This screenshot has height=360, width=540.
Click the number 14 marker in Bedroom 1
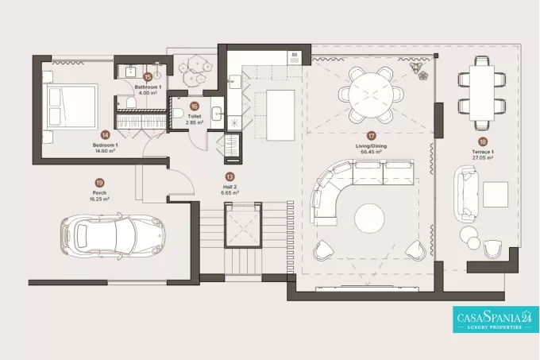105,135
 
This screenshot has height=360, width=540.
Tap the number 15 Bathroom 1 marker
148,77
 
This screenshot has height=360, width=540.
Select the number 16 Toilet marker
195,106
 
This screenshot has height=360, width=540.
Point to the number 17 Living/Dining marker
371,136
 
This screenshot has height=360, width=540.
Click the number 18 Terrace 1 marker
483,141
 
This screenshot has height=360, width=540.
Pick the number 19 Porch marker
99,183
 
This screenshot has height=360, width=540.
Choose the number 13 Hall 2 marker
229,177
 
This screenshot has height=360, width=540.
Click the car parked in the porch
113,236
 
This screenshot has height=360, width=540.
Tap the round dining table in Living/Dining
370,95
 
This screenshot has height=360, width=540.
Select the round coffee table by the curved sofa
369,219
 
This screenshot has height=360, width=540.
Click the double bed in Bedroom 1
72,105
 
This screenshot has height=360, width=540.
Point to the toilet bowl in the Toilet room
177,112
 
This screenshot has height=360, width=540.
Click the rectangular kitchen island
281,115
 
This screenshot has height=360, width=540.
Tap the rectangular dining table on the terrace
482,93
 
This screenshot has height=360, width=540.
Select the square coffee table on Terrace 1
496,195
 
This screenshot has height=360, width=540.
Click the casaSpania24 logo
496,319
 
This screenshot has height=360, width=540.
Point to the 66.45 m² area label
371,152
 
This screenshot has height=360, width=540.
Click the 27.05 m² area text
483,158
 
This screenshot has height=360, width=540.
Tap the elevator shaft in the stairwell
241,226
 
